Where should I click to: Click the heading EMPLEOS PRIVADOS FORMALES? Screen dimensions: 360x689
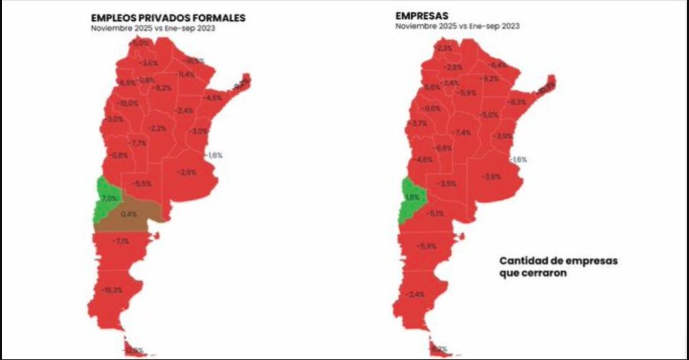[168, 18]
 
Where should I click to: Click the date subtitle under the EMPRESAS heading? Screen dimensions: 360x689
[457, 27]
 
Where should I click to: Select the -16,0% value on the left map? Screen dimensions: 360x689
[127, 104]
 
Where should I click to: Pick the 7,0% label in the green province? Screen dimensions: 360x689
[109, 199]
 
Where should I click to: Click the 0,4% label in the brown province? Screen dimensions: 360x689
[129, 214]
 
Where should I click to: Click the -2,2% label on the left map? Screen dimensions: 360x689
[158, 128]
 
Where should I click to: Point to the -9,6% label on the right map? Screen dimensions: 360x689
[431, 108]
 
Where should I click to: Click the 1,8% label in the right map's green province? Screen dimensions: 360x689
[412, 197]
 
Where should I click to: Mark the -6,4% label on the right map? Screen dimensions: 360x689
[498, 65]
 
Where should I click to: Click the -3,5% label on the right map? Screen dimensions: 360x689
[447, 184]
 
